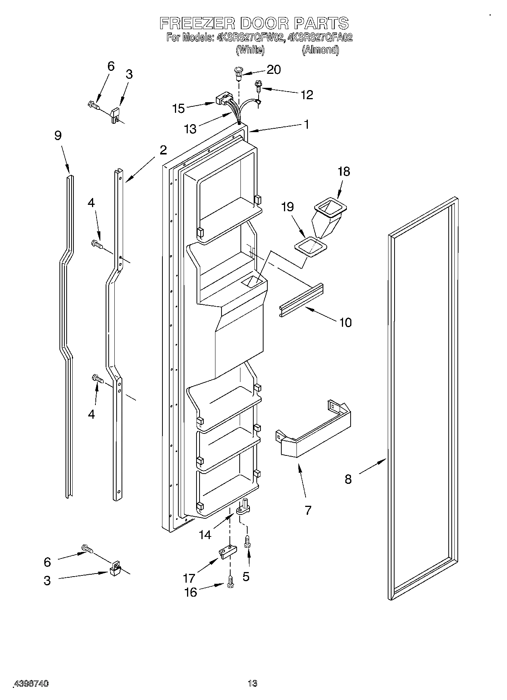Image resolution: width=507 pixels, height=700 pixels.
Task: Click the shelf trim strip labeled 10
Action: coord(301,299)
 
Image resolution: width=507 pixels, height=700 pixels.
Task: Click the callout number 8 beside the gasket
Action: coord(348,479)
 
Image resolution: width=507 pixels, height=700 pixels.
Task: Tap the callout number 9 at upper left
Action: coord(58,136)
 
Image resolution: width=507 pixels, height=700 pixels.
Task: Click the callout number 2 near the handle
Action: coord(163,150)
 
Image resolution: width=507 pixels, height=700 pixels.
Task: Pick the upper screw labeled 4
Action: coord(97,244)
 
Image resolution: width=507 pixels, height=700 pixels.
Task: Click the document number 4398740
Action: coord(31,684)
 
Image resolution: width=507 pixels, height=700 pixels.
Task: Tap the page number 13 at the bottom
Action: coord(252,683)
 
